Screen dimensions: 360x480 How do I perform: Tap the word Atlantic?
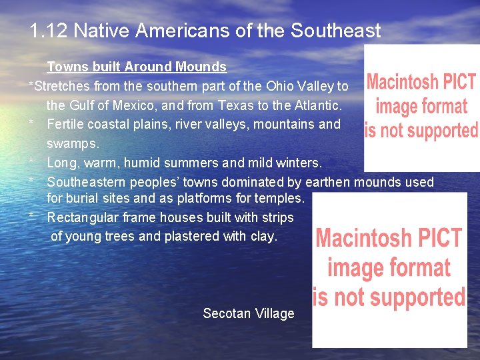coord(318,105)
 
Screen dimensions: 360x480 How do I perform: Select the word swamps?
coord(73,143)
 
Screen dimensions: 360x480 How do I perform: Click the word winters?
coord(298,163)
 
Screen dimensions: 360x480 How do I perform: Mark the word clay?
coord(263,236)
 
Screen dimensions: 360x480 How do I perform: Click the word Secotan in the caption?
coord(225,313)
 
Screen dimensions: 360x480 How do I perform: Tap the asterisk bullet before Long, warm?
coord(31,161)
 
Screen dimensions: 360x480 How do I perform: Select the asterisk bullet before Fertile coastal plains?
coord(31,123)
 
